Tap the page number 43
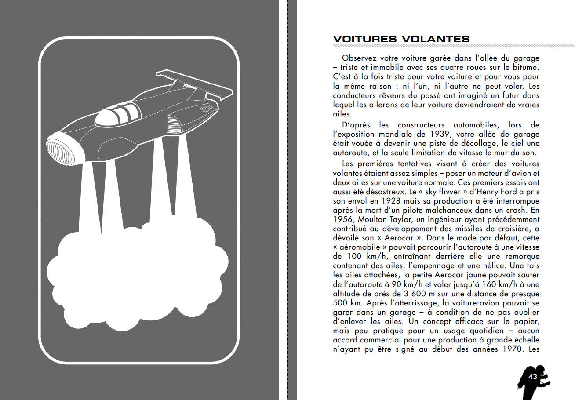click(533, 377)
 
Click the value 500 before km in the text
click(341, 303)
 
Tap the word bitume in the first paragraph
click(525, 67)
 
